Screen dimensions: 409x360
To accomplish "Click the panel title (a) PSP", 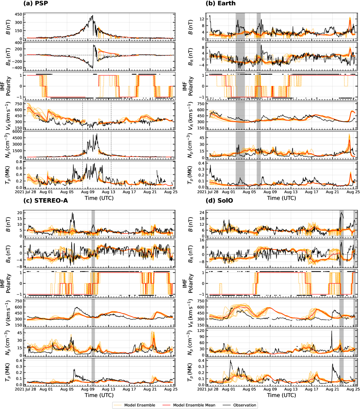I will [36, 3].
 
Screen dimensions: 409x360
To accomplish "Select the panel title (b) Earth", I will [221, 3].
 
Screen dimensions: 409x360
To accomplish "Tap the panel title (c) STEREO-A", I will [46, 201].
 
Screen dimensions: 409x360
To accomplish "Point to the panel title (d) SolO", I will [219, 201].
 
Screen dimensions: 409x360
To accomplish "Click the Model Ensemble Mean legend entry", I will [194, 405].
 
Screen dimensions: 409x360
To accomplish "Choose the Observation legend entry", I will [245, 405].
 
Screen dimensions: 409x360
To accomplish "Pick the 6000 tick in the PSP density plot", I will [17, 132].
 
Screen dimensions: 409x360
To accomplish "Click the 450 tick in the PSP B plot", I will [18, 14].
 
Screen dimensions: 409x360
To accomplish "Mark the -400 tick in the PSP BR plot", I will [17, 68].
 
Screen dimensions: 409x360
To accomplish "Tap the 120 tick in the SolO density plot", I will [201, 331].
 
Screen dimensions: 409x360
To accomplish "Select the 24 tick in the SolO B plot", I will [202, 212].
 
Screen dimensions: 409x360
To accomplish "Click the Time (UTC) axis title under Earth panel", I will [281, 198].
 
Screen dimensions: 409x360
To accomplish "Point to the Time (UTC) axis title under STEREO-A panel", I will [99, 395].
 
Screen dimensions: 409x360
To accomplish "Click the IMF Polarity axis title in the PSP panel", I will [5, 86].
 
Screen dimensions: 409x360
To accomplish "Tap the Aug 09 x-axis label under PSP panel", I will [88, 192].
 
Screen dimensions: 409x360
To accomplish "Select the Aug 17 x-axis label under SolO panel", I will [311, 389].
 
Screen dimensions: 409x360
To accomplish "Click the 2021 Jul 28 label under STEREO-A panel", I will [26, 389].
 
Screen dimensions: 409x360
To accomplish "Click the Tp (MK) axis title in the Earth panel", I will [190, 176].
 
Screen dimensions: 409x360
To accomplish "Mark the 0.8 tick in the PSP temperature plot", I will [19, 162].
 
